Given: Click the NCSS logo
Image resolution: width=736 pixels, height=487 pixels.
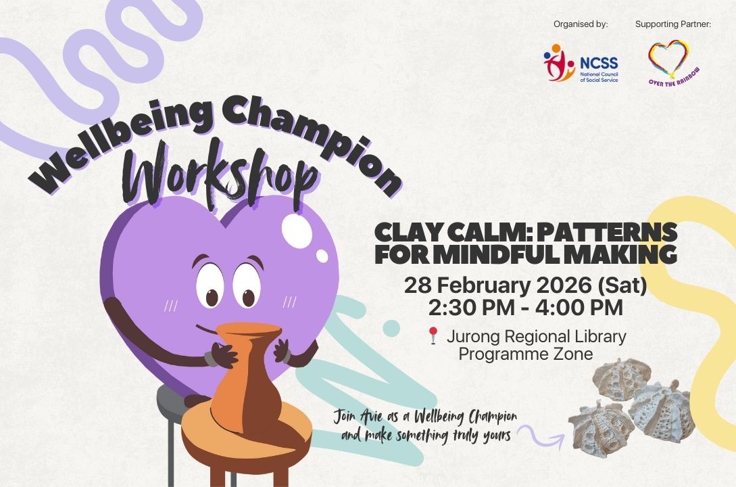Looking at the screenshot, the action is [581, 63].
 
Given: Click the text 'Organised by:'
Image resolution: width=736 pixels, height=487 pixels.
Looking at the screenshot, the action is [581, 24].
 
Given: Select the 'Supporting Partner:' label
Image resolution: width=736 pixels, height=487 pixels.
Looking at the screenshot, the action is [673, 24].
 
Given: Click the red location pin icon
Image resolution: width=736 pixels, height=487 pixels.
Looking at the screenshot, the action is [433, 335].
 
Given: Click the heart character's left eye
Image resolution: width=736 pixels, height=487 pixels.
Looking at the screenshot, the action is [209, 285].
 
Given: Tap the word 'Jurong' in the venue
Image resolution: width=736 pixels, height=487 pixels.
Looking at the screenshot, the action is [471, 338].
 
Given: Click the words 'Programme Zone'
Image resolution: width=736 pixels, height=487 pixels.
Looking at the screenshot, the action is [526, 354].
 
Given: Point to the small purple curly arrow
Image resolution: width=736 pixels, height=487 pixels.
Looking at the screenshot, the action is [540, 437].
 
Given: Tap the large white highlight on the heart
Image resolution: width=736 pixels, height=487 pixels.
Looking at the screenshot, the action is [297, 231].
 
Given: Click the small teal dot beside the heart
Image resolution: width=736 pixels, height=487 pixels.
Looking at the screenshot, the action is [391, 328].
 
